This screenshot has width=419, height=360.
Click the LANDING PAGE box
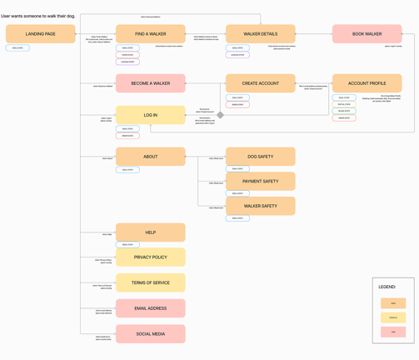point(40,34)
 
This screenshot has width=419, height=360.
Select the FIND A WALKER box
point(150,34)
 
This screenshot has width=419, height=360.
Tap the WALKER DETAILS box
point(260,34)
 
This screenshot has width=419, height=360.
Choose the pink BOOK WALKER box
point(367,34)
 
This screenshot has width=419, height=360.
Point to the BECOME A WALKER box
point(150,83)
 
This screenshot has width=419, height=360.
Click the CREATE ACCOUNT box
point(260,83)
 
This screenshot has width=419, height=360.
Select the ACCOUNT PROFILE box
point(367,83)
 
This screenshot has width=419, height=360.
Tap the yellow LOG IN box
point(150,115)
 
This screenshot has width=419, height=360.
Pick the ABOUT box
point(150,157)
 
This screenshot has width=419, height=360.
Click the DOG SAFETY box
point(260,157)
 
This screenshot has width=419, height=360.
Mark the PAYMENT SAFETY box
point(260,181)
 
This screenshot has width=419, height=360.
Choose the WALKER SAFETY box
point(260,206)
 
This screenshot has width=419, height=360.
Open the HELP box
point(150,232)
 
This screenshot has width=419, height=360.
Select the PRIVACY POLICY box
point(150,257)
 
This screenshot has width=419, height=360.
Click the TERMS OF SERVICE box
point(150,282)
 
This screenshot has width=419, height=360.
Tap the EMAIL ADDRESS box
point(150,308)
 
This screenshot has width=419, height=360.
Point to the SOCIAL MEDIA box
point(150,333)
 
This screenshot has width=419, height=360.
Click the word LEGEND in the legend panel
point(387,287)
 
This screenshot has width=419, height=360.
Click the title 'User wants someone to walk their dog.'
point(38,16)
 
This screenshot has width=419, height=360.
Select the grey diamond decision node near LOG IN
point(221,115)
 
